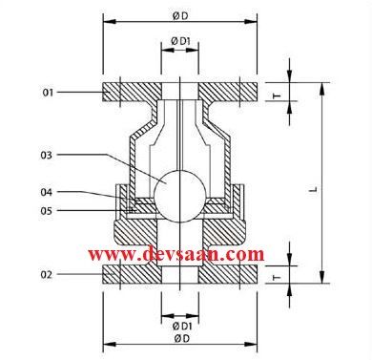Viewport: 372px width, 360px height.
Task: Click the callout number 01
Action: pos(47,93)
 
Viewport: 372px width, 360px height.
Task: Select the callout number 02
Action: pos(47,275)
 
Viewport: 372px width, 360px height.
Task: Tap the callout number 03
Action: pos(47,155)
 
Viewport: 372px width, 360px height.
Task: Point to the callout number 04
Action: pos(47,193)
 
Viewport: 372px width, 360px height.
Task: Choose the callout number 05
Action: pos(47,210)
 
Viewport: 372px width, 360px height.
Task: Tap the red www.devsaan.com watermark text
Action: pos(176,254)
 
